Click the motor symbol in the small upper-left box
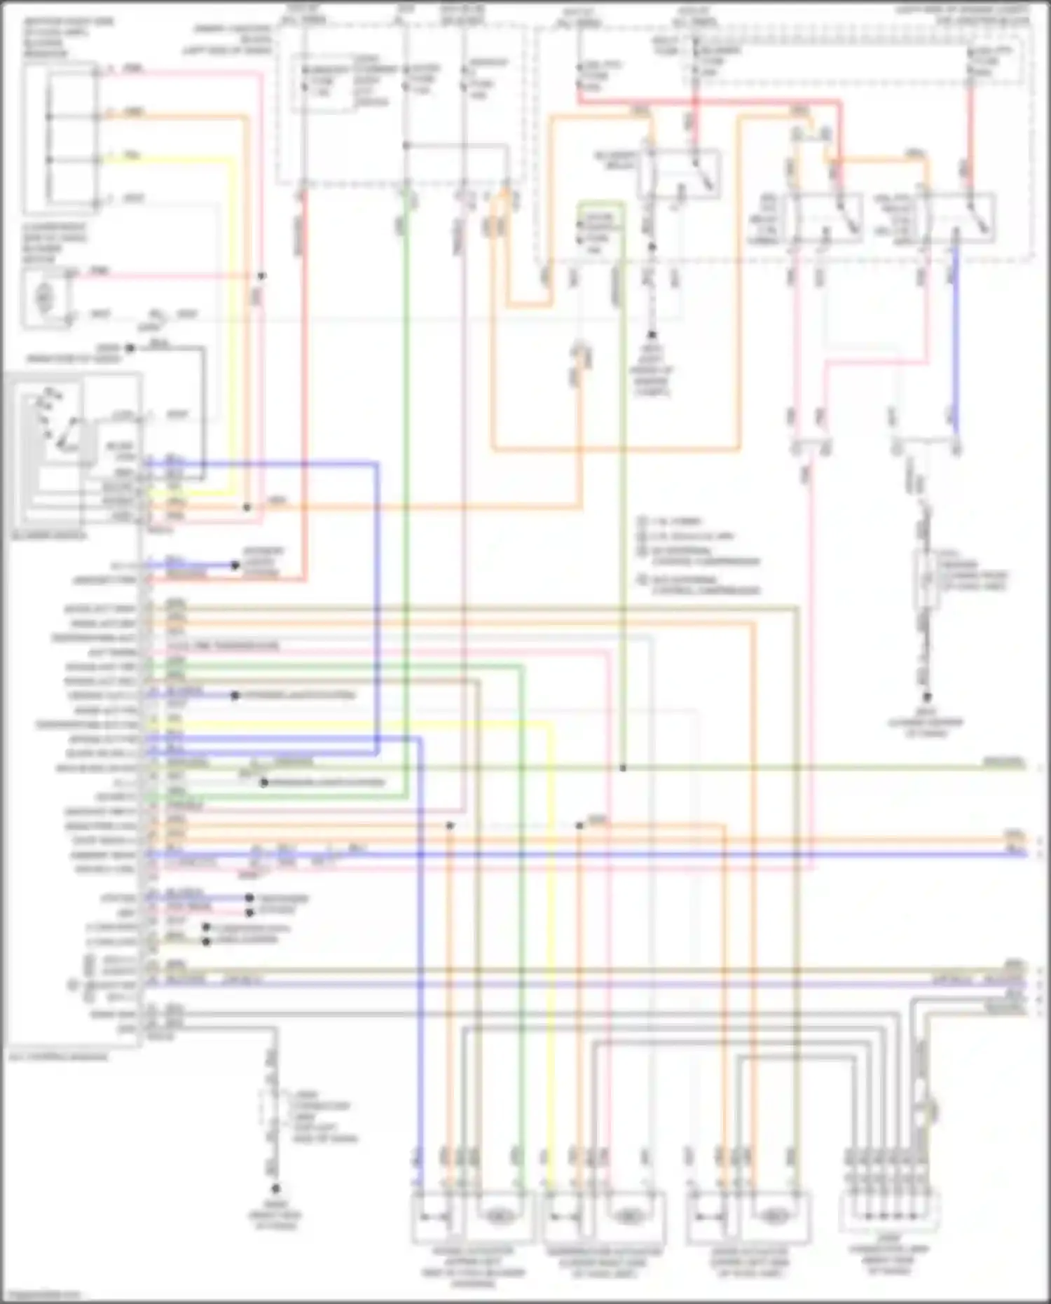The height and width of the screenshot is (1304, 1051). (x=44, y=298)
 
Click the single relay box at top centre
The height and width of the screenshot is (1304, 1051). (x=678, y=173)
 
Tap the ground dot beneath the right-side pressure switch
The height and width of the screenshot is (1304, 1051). (x=926, y=697)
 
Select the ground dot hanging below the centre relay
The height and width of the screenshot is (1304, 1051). (x=651, y=336)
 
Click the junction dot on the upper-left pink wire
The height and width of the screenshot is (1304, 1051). (x=261, y=276)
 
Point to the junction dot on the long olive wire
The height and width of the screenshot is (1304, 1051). (x=622, y=768)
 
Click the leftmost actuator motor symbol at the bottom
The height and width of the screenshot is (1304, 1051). (x=498, y=1216)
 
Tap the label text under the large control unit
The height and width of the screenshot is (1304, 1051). (x=58, y=1056)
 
